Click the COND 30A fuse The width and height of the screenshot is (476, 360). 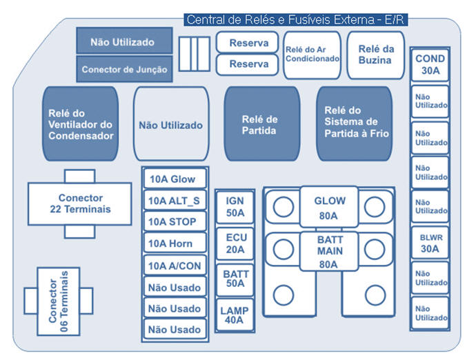pyautogui.click(x=430, y=65)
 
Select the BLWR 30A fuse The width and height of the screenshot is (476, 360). pyautogui.click(x=430, y=242)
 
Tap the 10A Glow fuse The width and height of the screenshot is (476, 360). pyautogui.click(x=173, y=179)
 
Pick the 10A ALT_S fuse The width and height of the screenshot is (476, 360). pyautogui.click(x=173, y=201)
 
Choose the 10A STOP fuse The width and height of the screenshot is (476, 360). pyautogui.click(x=173, y=222)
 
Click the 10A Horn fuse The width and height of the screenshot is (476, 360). pyautogui.click(x=173, y=243)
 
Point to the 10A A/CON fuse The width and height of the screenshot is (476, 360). pyautogui.click(x=173, y=266)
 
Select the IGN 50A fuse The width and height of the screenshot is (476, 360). pyautogui.click(x=235, y=206)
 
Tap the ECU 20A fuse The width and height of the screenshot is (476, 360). pyautogui.click(x=235, y=243)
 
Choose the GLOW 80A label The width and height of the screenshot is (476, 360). pyautogui.click(x=328, y=208)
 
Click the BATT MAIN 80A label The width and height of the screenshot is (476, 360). pyautogui.click(x=328, y=251)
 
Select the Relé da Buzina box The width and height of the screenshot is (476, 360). pyautogui.click(x=375, y=54)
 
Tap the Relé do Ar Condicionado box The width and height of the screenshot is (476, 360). pyautogui.click(x=313, y=54)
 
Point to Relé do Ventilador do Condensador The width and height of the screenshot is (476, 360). pyautogui.click(x=81, y=124)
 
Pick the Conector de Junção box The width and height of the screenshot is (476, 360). pyautogui.click(x=123, y=70)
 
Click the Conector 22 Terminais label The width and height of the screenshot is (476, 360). pyautogui.click(x=80, y=203)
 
